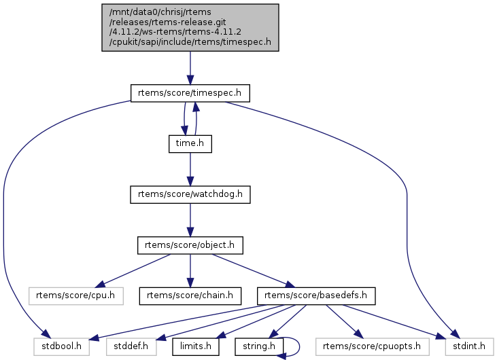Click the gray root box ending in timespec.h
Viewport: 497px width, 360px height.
coord(190,28)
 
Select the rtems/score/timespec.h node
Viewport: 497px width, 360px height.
coord(190,93)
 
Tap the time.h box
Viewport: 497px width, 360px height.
coord(190,144)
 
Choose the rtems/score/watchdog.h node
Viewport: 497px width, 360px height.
coord(190,194)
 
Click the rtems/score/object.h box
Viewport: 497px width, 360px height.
coord(190,245)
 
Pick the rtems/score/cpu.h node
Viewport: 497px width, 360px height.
coord(76,296)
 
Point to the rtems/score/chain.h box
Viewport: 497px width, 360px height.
coord(190,296)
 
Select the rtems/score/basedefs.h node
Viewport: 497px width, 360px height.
coord(316,296)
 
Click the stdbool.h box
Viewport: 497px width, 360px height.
coord(61,346)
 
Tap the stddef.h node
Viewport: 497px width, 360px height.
coord(131,346)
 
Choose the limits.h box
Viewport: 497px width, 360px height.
coord(196,346)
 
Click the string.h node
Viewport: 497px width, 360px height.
coord(259,346)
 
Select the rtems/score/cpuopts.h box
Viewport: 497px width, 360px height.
coord(372,346)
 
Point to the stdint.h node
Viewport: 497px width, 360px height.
coord(469,346)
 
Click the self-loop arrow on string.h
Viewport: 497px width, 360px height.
coord(299,347)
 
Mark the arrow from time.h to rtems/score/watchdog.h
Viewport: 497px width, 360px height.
coord(190,169)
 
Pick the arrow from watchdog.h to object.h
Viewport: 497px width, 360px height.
coord(190,220)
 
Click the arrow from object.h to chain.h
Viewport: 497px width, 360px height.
coord(190,271)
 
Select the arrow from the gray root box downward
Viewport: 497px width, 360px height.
coord(190,68)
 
